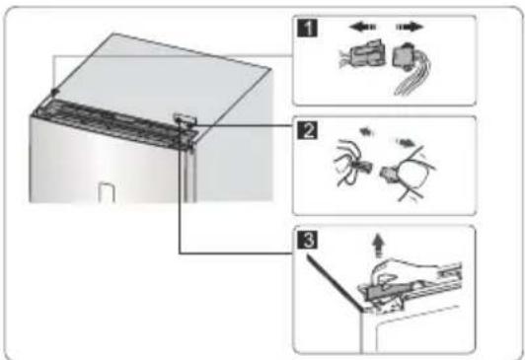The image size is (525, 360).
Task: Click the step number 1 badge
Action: tap(307, 28)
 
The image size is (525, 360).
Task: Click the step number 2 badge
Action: tap(307, 130)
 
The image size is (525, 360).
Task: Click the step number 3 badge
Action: tap(307, 240)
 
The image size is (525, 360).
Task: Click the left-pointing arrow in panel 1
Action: tap(362, 27)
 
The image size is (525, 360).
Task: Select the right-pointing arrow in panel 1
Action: tap(410, 27)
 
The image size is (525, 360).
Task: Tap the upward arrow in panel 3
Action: tap(378, 246)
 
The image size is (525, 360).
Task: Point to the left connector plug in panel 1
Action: tap(361, 54)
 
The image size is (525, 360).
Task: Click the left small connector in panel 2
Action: tap(362, 167)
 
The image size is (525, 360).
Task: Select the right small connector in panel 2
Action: tap(389, 174)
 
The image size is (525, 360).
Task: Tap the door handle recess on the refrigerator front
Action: tap(107, 192)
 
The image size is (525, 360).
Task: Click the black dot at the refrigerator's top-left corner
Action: tap(54, 91)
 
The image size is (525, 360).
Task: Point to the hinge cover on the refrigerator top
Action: tap(185, 118)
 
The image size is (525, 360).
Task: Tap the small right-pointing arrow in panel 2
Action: tap(406, 143)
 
